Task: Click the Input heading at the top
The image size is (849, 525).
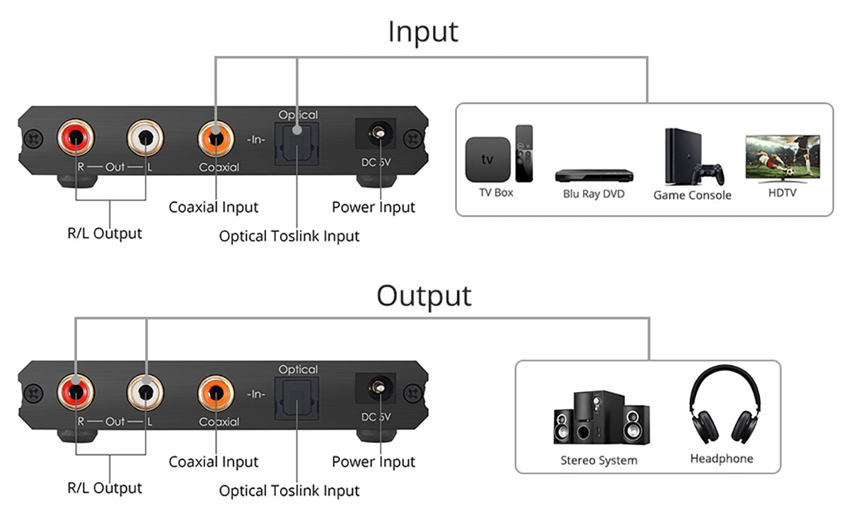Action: click(423, 31)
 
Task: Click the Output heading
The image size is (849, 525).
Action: click(424, 295)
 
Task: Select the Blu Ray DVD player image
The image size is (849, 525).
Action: click(593, 174)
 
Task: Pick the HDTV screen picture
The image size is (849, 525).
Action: click(782, 158)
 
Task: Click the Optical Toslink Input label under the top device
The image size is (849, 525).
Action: click(289, 236)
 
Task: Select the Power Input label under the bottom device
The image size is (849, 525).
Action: click(374, 462)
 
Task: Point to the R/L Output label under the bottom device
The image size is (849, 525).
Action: click(105, 487)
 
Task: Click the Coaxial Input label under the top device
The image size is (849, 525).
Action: click(214, 207)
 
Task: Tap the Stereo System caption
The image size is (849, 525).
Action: click(599, 461)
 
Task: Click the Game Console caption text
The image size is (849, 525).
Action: click(692, 195)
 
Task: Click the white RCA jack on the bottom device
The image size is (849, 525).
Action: click(145, 391)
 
